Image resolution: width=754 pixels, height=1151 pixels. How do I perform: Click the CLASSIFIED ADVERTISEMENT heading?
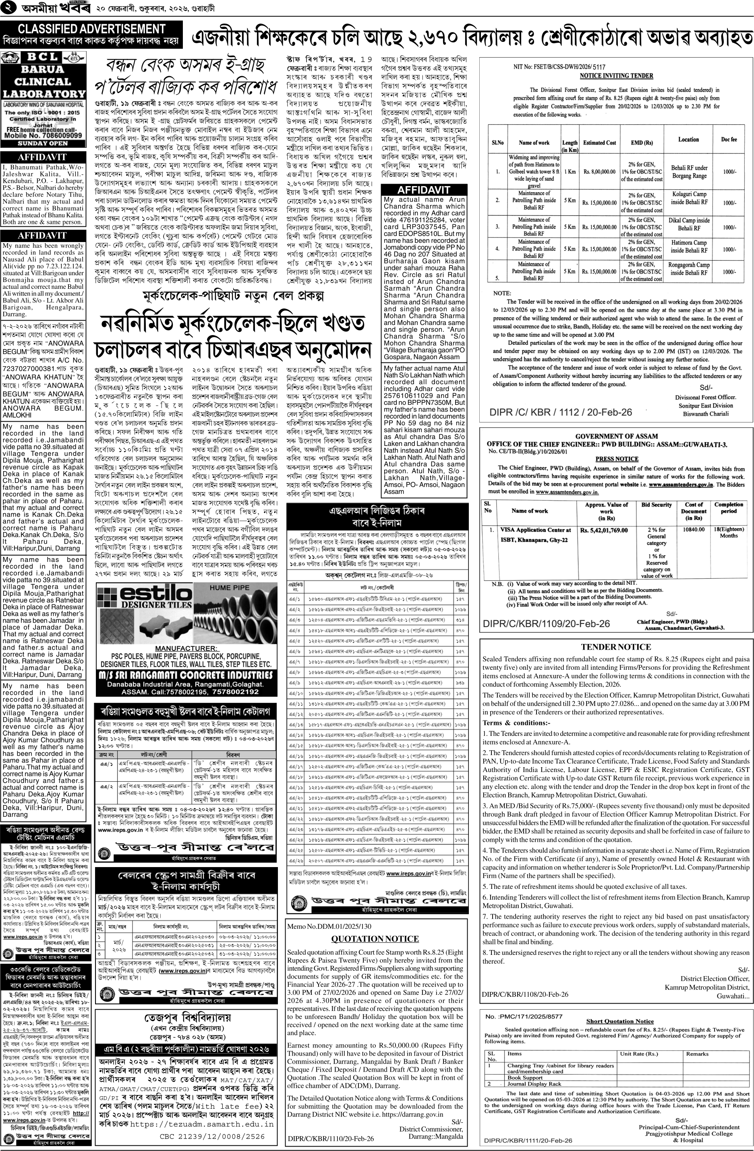91,29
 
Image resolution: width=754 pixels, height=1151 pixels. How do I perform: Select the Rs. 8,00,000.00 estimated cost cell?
599,171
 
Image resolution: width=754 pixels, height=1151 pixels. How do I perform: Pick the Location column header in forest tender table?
688,139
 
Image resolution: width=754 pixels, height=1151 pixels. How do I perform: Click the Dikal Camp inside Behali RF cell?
689,224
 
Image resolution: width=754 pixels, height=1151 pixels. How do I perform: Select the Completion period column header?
728,507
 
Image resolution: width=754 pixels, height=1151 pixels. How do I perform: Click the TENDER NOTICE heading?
616,647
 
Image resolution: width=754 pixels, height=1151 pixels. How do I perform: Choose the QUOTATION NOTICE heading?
375,939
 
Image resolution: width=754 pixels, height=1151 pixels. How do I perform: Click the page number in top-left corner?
10,9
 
